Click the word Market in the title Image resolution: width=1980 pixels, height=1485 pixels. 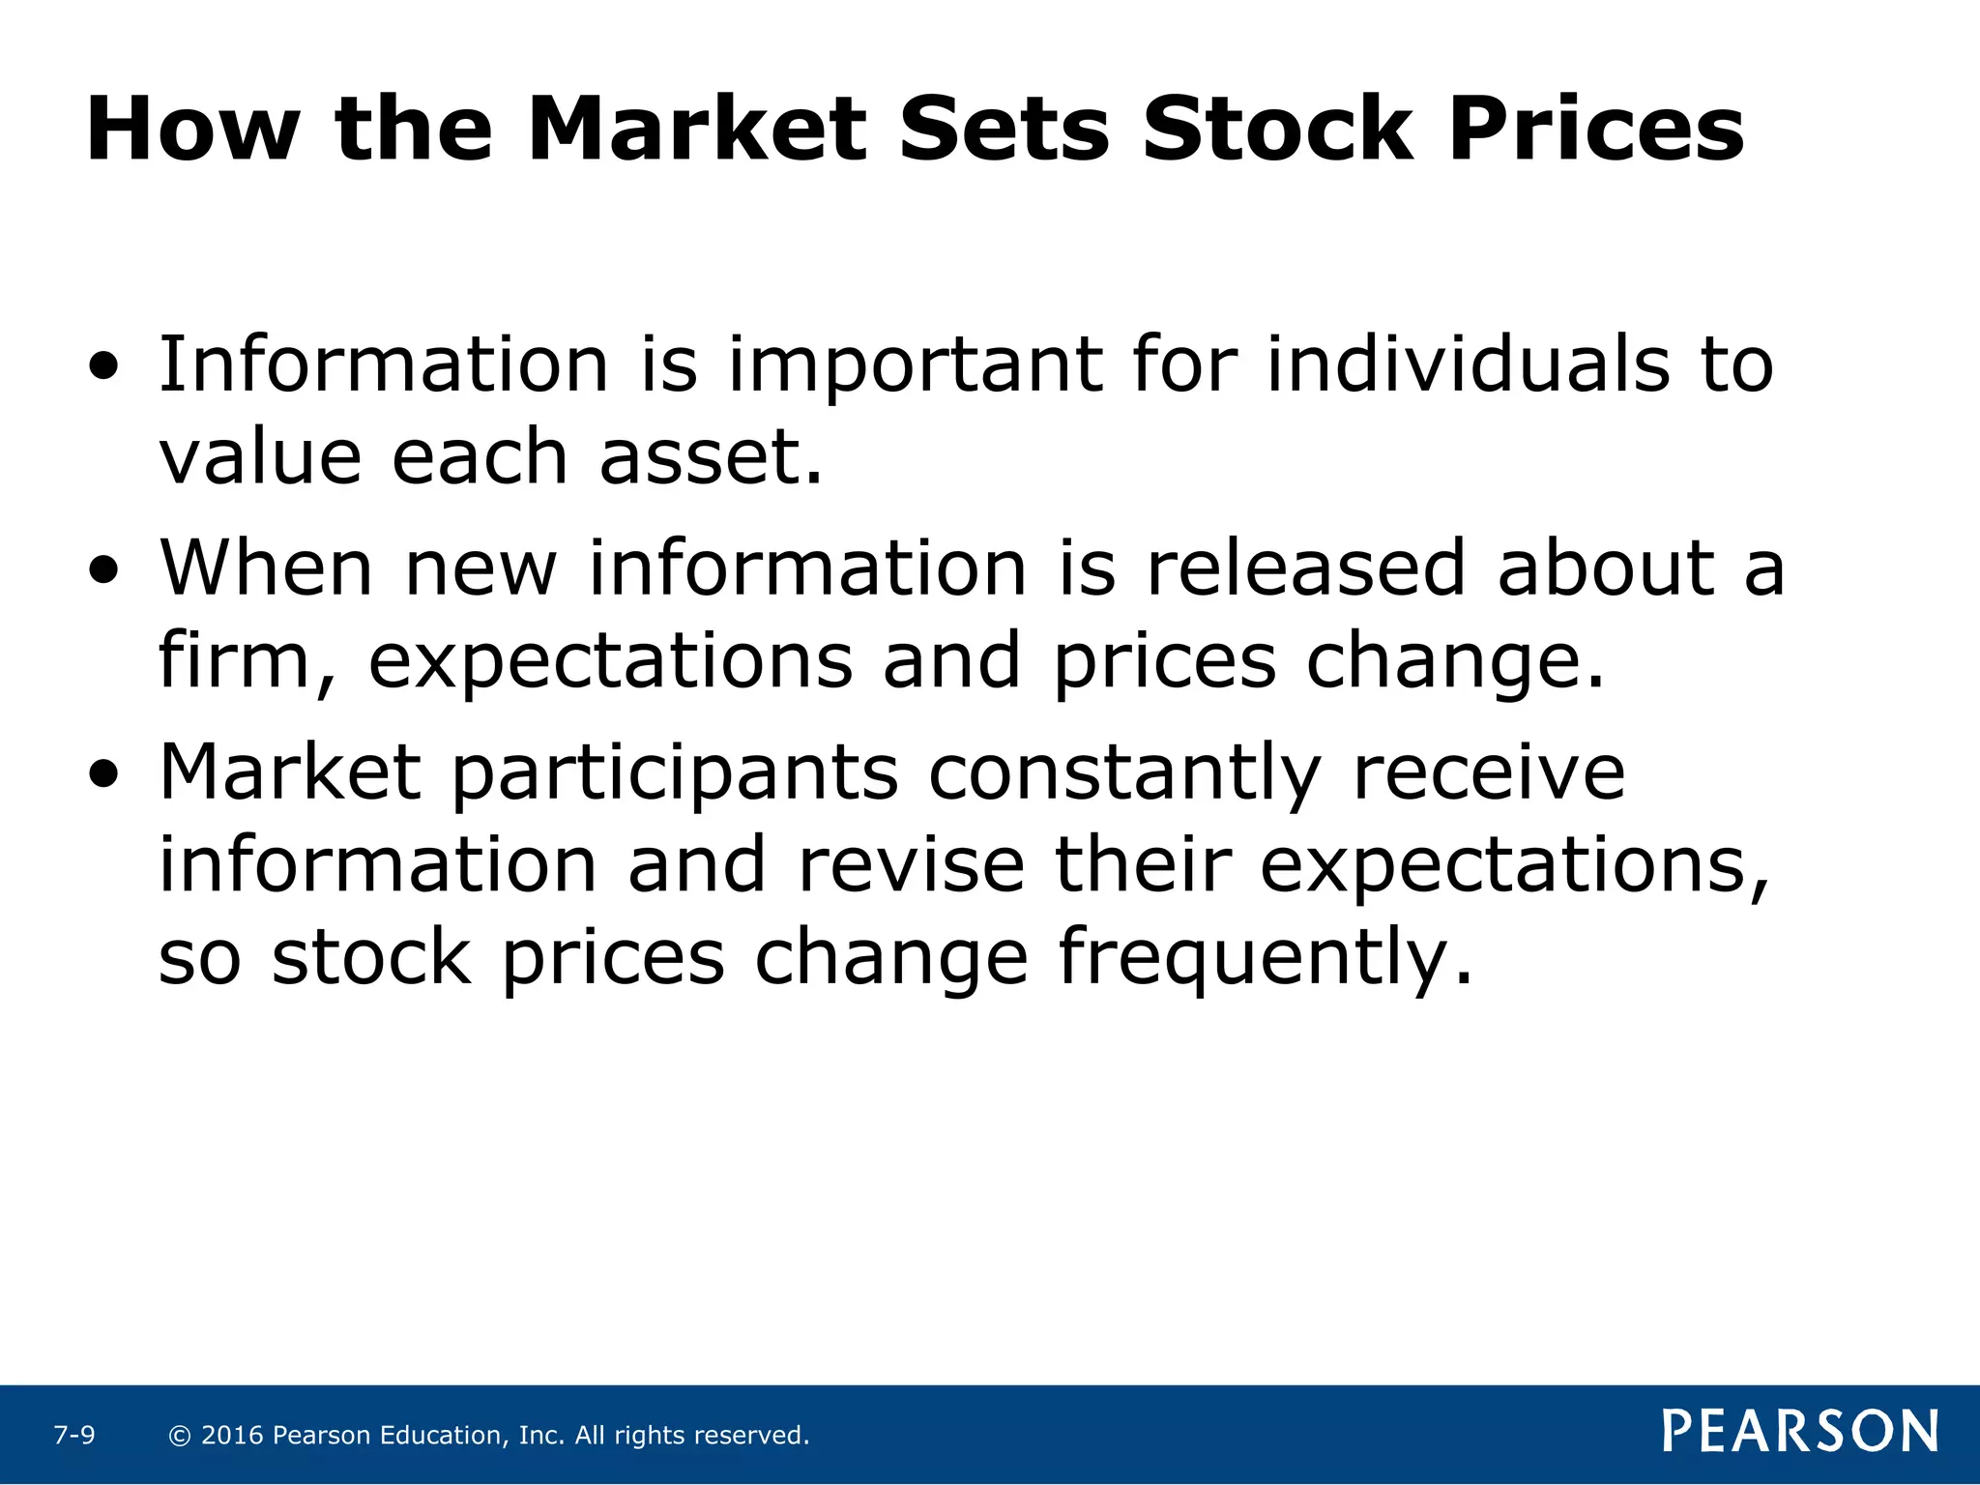(696, 130)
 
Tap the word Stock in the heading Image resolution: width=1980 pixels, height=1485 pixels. (1276, 130)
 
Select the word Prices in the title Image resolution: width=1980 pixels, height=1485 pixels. (1595, 130)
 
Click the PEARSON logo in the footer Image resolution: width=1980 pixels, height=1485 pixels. (1800, 1431)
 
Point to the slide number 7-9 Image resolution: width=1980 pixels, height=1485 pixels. (74, 1436)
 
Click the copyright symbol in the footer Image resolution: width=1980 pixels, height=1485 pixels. (179, 1436)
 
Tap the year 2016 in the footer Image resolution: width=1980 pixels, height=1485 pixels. (232, 1436)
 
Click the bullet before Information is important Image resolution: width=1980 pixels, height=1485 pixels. (103, 367)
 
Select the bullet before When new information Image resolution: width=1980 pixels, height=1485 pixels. (103, 571)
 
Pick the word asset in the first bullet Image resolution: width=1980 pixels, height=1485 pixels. (700, 457)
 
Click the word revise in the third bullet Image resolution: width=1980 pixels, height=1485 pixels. (911, 865)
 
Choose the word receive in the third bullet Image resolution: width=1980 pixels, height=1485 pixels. (1489, 773)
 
